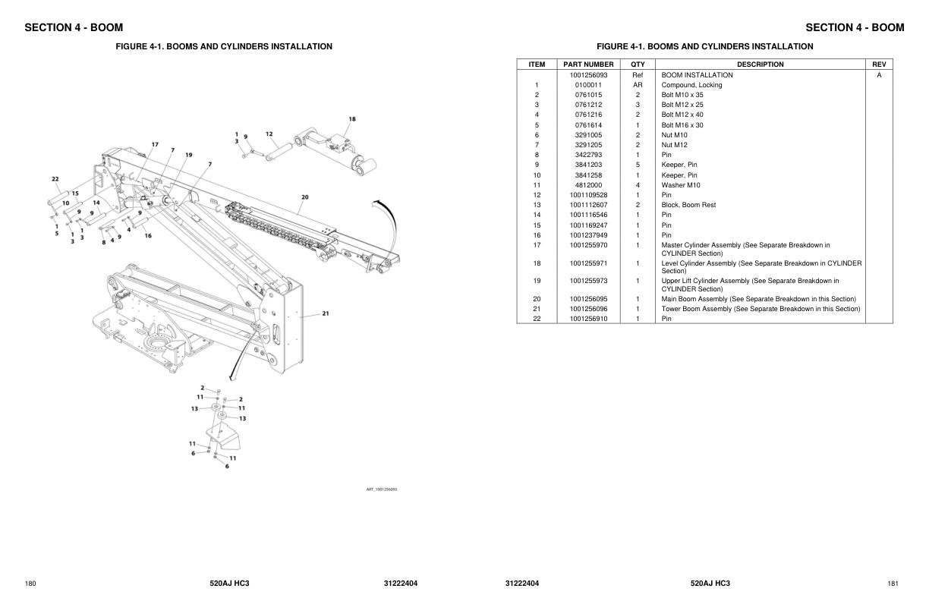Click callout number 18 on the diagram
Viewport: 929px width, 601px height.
point(352,119)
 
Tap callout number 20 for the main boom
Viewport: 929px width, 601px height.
point(304,197)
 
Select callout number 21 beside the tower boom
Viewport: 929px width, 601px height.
point(326,313)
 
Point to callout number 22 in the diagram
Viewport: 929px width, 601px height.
point(55,180)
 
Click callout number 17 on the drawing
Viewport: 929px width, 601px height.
point(155,144)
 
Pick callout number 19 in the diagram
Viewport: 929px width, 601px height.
point(188,155)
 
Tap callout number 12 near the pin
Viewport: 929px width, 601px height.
point(269,134)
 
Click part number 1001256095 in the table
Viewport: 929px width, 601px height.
point(588,299)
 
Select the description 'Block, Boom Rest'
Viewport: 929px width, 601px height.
point(688,205)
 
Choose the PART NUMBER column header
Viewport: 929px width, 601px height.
point(588,65)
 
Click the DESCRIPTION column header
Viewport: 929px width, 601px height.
point(760,65)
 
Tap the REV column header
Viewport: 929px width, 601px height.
point(879,65)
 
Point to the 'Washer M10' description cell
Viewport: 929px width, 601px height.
point(681,185)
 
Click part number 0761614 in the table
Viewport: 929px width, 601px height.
point(588,125)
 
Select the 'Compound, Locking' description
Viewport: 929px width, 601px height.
point(691,85)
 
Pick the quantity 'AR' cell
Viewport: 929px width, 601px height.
point(638,85)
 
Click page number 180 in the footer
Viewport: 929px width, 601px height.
point(30,584)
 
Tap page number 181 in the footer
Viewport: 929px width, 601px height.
point(893,584)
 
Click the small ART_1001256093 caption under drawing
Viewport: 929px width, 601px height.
point(382,489)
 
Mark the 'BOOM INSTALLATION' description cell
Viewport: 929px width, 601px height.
point(697,75)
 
